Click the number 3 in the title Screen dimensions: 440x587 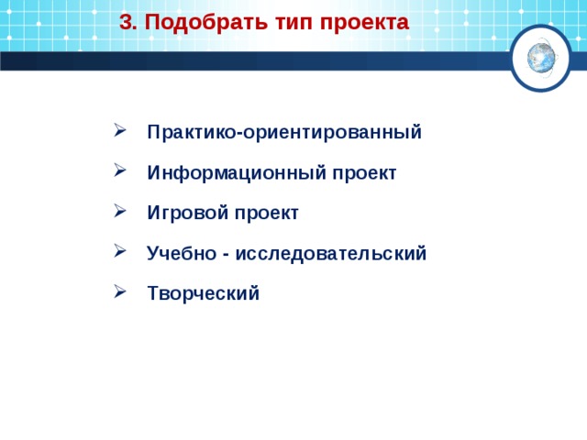tap(126, 23)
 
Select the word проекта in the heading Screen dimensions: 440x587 tap(358, 23)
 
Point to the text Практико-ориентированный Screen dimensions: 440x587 tap(283, 132)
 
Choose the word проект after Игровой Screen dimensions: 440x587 tap(265, 214)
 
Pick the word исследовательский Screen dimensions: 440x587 tap(330, 254)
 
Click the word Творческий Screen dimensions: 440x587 tap(203, 294)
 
